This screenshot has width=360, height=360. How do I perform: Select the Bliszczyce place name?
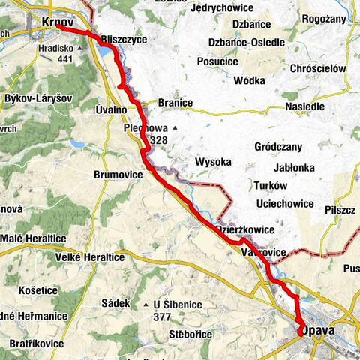(x=123, y=39)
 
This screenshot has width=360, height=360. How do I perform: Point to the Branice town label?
(x=175, y=103)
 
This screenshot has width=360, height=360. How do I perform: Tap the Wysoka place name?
(x=214, y=161)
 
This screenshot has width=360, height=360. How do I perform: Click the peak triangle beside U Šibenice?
(x=145, y=304)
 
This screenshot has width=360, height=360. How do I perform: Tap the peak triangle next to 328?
(x=174, y=128)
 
